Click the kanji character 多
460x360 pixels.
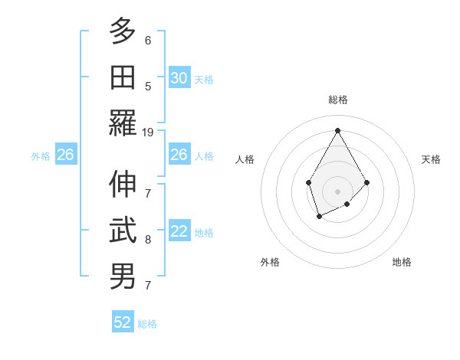point(123,32)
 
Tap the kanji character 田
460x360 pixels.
point(123,77)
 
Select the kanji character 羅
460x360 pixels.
point(123,123)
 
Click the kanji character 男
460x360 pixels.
point(123,276)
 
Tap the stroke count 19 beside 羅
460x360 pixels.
point(148,133)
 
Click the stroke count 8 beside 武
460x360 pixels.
point(148,240)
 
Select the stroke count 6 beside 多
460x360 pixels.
point(148,41)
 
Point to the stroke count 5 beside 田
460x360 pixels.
point(148,87)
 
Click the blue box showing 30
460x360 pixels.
point(179,78)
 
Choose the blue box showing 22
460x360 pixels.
point(179,232)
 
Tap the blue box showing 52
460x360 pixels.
point(123,322)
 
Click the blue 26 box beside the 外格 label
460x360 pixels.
point(65,155)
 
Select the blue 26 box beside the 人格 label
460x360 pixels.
point(179,155)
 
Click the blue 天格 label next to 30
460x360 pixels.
point(204,80)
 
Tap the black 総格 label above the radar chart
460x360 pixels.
point(337,100)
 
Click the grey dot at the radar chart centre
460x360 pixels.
point(337,191)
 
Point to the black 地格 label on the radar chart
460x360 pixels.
point(402,262)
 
